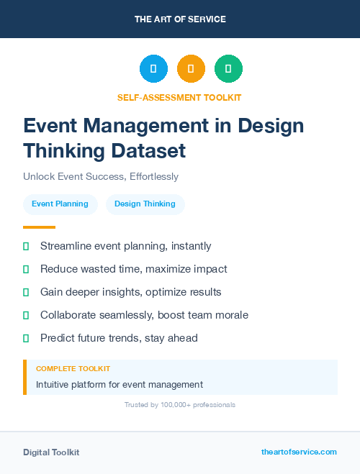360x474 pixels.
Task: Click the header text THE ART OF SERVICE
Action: click(180, 19)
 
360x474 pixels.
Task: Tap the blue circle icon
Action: click(153, 69)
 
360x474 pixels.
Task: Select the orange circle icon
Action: click(191, 69)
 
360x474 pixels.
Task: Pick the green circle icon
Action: click(228, 69)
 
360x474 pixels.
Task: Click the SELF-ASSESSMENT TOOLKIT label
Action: click(180, 97)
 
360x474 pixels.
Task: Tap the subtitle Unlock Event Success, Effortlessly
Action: click(101, 176)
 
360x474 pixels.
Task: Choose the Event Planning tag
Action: click(60, 204)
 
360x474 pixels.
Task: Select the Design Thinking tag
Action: click(145, 204)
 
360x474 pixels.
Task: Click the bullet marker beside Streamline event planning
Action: click(26, 246)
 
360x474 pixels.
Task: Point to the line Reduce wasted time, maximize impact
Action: click(133, 269)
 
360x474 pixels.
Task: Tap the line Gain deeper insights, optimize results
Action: click(130, 292)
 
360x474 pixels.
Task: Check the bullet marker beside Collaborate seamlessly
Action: click(26, 315)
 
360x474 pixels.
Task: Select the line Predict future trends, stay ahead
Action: click(119, 338)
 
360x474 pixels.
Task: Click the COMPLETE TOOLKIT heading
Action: click(73, 368)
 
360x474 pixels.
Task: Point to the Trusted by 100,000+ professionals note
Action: click(180, 405)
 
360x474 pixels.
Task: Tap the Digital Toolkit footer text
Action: click(51, 452)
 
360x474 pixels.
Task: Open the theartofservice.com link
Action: click(299, 452)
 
